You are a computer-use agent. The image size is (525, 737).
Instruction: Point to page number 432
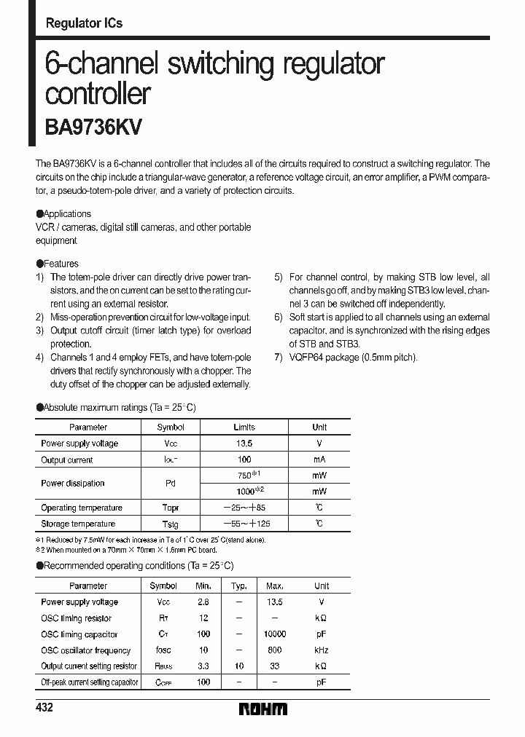click(x=44, y=709)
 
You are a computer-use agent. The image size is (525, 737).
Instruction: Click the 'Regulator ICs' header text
click(x=84, y=23)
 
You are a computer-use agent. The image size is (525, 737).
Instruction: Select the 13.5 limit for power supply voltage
click(x=244, y=444)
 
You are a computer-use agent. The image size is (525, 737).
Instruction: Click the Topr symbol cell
click(x=170, y=508)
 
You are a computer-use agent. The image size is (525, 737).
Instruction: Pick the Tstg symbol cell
click(x=170, y=524)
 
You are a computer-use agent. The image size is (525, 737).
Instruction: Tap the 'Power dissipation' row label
click(x=72, y=484)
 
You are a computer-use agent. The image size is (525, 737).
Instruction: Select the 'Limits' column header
click(x=244, y=427)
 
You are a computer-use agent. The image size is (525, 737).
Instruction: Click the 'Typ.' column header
click(x=239, y=586)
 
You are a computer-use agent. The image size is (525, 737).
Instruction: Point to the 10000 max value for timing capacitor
click(x=275, y=634)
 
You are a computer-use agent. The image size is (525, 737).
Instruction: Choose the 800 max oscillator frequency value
click(x=275, y=650)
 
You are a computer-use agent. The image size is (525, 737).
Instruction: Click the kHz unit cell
click(x=322, y=650)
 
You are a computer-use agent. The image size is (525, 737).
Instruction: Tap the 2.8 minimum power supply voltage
click(x=203, y=602)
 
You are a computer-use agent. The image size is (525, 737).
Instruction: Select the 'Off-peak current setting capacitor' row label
click(x=89, y=682)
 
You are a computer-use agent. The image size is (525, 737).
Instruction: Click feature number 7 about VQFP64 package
click(x=346, y=358)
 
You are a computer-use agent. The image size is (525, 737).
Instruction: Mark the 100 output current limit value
click(x=244, y=460)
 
